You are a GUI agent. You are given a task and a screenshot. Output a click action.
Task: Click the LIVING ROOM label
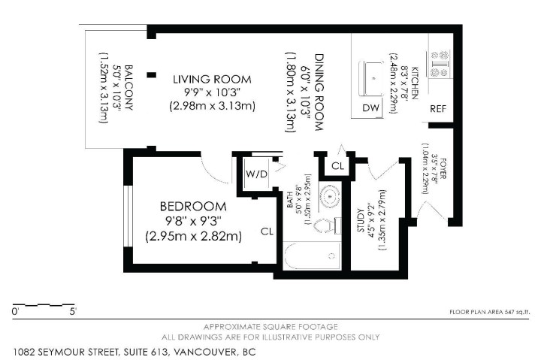211,79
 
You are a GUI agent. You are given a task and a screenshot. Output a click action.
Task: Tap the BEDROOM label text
192,207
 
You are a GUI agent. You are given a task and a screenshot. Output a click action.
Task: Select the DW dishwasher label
370,108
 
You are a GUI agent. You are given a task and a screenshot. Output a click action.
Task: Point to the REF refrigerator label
439,108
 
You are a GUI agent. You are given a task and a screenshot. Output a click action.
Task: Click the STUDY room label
361,221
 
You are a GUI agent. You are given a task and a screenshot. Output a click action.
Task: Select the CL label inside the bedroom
266,231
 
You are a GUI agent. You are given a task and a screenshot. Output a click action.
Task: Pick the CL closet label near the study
337,165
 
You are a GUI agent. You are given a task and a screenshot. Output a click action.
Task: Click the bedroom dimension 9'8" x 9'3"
192,221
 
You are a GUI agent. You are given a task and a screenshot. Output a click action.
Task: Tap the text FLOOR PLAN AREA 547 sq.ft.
490,310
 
